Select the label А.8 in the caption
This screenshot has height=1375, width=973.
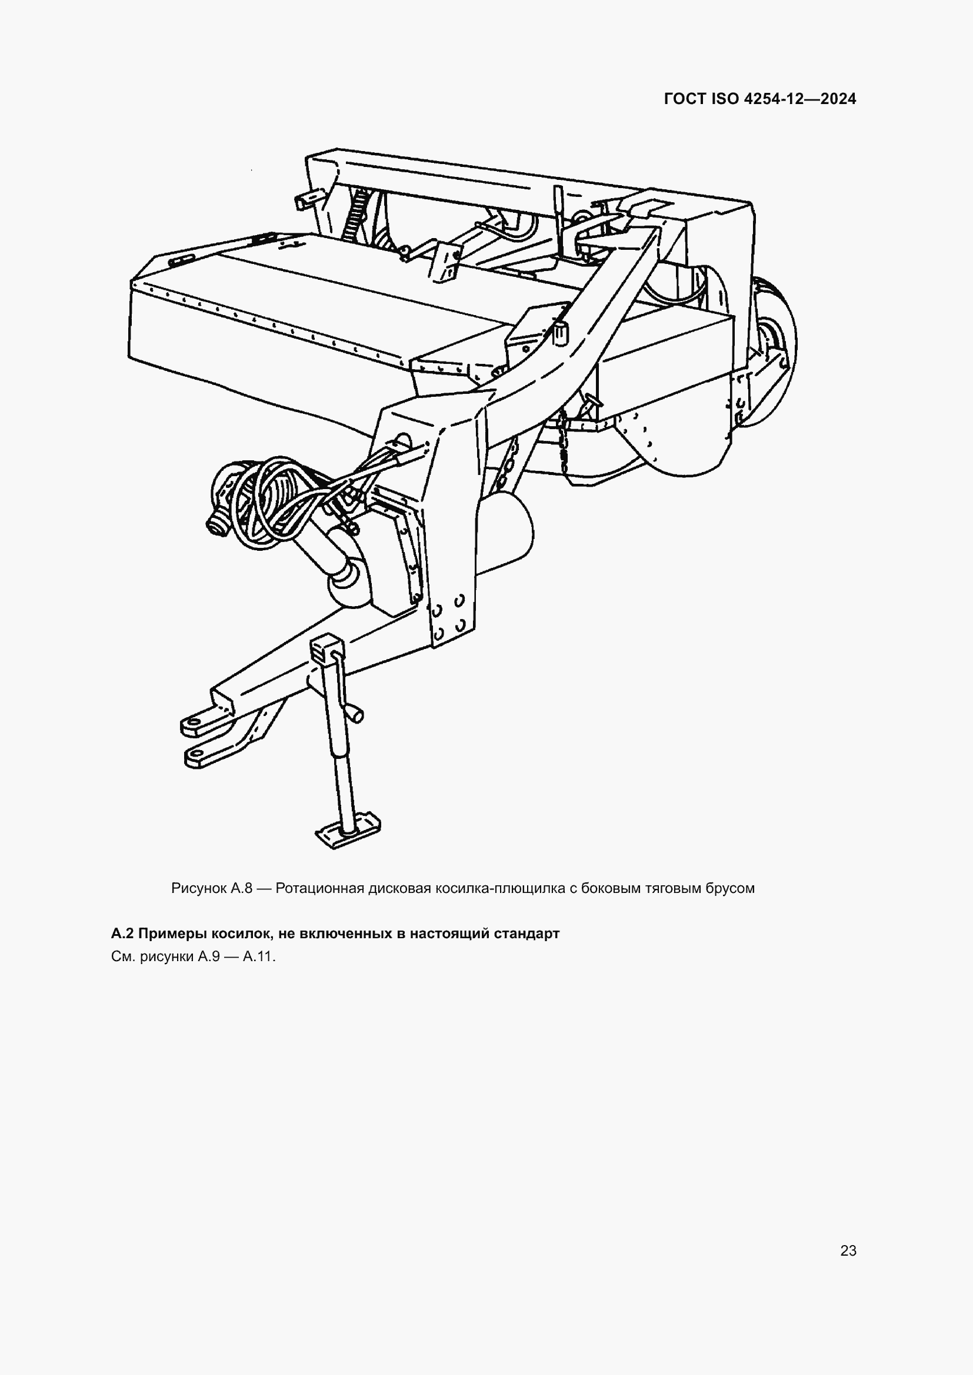[240, 888]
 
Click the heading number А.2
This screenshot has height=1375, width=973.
[123, 934]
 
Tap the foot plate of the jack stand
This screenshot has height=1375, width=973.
[348, 833]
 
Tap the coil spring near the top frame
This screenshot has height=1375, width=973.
[357, 216]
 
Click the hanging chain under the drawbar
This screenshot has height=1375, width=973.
[563, 443]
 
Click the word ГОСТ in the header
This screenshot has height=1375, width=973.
[685, 99]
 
